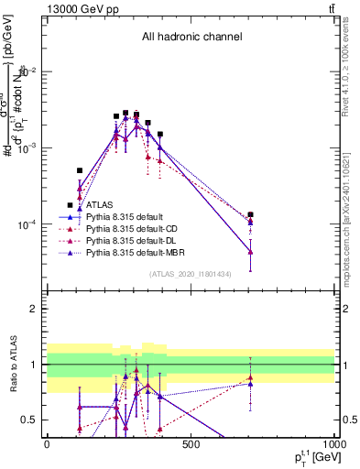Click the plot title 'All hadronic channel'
(191, 37)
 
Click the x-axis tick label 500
(191, 444)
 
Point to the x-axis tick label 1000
(333, 444)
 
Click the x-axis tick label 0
(47, 444)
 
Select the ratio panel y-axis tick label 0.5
(31, 420)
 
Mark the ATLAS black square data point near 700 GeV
(250, 214)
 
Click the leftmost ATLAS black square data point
(80, 170)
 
